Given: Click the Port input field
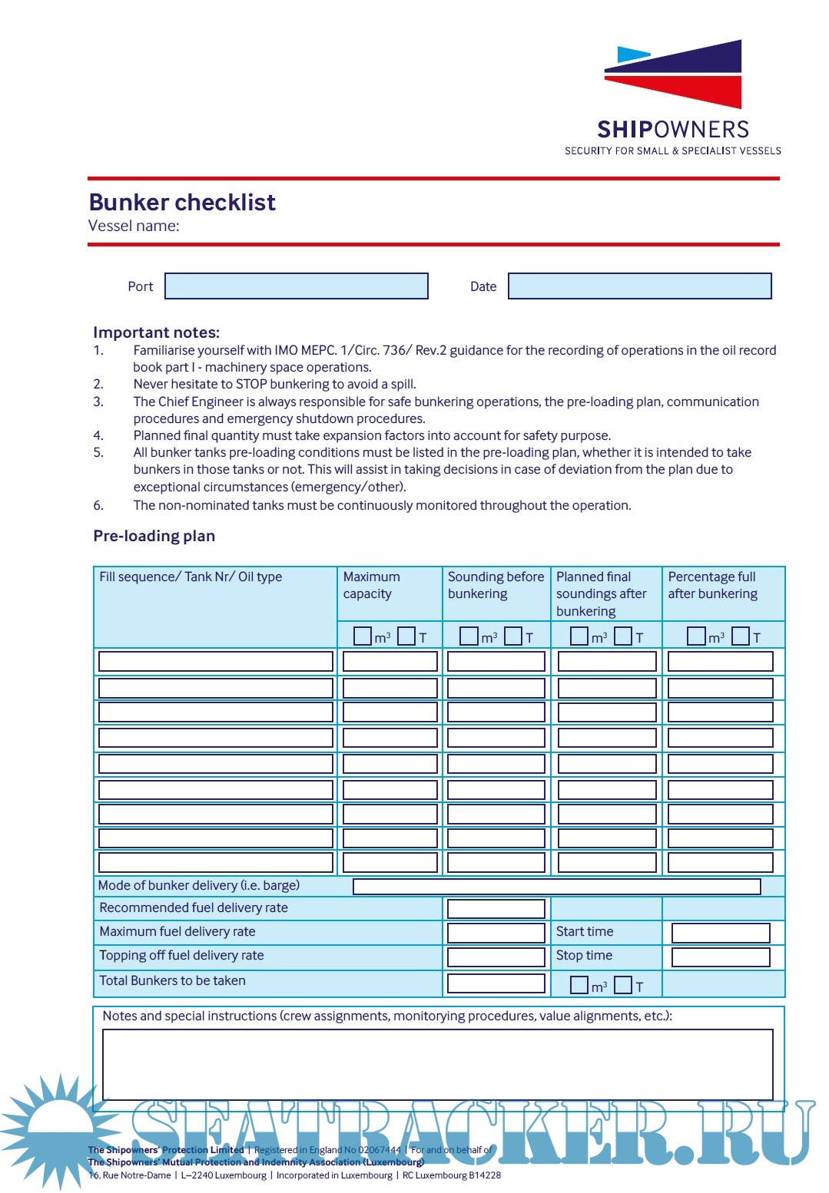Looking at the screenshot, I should (x=297, y=286).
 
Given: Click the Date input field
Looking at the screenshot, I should (x=639, y=286).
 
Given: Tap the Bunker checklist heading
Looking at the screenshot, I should (x=182, y=202).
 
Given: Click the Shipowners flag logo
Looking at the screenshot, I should (x=673, y=74).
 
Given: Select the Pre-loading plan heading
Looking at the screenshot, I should (x=154, y=536).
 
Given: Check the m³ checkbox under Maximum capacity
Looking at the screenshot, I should (x=362, y=636).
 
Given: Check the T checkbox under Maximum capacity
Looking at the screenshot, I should (x=406, y=636).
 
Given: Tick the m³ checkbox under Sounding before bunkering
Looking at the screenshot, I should (x=469, y=636).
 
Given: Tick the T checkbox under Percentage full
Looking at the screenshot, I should (x=741, y=636).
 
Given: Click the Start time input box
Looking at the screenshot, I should (x=720, y=933).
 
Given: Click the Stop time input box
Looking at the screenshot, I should (x=720, y=957).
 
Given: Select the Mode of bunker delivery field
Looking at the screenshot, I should (x=556, y=887).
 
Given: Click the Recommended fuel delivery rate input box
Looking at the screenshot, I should (x=496, y=909).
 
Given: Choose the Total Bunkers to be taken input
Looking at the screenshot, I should (x=496, y=983).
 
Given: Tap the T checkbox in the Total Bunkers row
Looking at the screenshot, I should (x=623, y=985).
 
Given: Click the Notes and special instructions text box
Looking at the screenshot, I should (x=437, y=1064).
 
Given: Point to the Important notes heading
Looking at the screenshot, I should (x=156, y=332).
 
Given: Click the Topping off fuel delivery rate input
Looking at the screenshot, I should (x=496, y=957).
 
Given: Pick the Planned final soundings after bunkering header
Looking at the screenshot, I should (x=601, y=593).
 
